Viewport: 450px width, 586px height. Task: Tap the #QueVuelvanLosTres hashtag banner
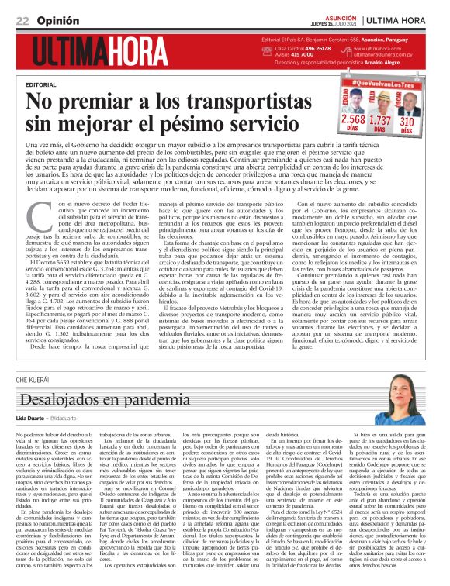point(386,81)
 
